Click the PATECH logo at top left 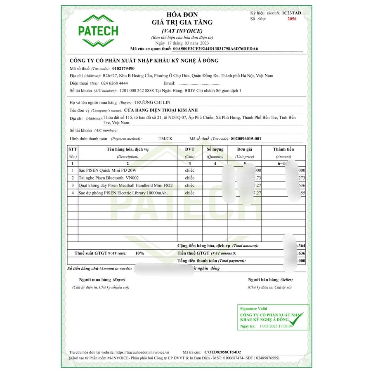[x=98, y=31]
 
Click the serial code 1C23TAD [x=292, y=13]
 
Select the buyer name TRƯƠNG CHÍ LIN [x=153, y=102]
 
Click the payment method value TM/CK [x=165, y=139]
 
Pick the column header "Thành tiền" [x=283, y=149]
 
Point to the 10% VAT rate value [x=139, y=253]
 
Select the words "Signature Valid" [x=253, y=308]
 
